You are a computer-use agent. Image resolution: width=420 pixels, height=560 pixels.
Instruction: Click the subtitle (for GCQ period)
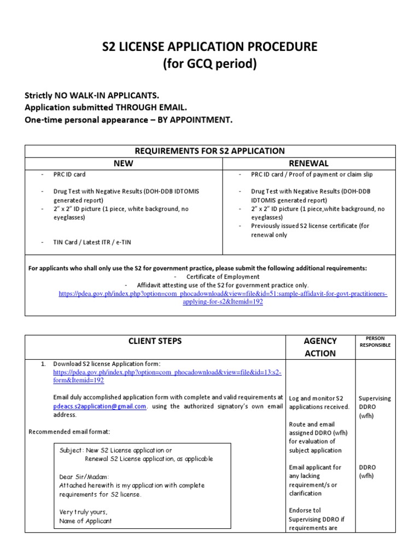click(x=210, y=64)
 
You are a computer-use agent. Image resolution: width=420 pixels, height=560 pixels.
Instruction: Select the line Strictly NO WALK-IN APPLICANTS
click(x=92, y=95)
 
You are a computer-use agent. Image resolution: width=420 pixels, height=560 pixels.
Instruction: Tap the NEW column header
click(x=123, y=163)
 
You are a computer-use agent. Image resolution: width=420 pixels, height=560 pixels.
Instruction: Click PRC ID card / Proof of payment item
click(x=312, y=174)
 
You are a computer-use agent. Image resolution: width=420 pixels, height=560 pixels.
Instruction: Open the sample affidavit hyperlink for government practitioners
click(x=223, y=297)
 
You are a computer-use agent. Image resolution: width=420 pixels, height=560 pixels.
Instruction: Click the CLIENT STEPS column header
click(x=155, y=341)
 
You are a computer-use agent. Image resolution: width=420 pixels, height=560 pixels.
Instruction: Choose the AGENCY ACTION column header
click(x=319, y=347)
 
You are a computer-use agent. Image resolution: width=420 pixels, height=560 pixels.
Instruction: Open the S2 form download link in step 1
click(x=167, y=376)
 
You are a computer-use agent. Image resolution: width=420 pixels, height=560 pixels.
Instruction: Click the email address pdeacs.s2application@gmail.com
click(x=100, y=406)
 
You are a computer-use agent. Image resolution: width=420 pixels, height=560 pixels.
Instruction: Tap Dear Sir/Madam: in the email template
click(x=84, y=476)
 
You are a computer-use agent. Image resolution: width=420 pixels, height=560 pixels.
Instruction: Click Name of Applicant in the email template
click(x=85, y=521)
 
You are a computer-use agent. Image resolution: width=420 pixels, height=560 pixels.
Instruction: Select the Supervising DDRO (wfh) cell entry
click(x=374, y=407)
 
